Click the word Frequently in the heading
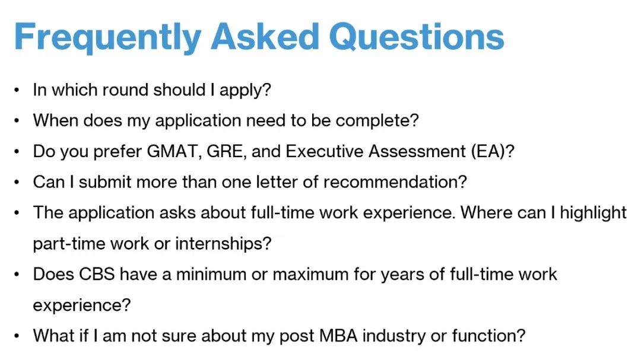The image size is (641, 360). [x=107, y=37]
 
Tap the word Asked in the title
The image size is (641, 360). [x=265, y=36]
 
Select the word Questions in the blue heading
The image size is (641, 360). [x=417, y=37]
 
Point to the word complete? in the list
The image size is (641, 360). [x=377, y=121]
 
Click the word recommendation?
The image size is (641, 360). [x=395, y=182]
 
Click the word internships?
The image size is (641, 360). [x=224, y=244]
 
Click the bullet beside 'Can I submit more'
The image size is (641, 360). [x=17, y=182]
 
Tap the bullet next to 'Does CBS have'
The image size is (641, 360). [x=17, y=275]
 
